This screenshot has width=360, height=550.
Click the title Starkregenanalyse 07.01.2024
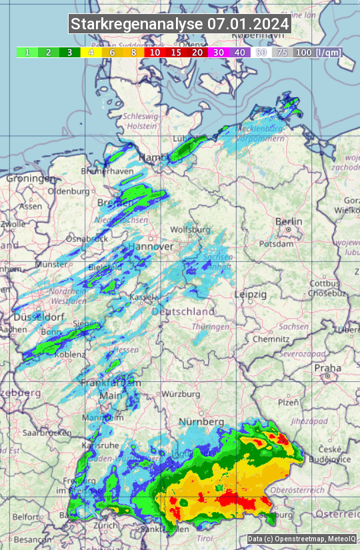pos(180,24)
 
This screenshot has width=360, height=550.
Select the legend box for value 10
pos(155,52)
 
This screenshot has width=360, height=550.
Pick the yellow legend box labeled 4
pos(90,52)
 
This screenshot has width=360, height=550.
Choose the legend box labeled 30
pos(219,52)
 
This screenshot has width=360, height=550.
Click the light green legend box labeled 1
pos(27,52)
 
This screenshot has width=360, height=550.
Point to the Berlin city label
pos(289,222)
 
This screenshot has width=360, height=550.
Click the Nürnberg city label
pos(201,422)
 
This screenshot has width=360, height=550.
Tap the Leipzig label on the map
pos(251,294)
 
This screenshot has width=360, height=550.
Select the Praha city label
pos(327,367)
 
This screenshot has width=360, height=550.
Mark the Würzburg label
pos(181,394)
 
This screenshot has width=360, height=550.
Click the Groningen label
pos(31,179)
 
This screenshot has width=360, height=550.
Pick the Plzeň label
pos(288,402)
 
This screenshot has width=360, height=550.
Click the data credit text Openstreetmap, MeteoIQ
pos(301,539)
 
